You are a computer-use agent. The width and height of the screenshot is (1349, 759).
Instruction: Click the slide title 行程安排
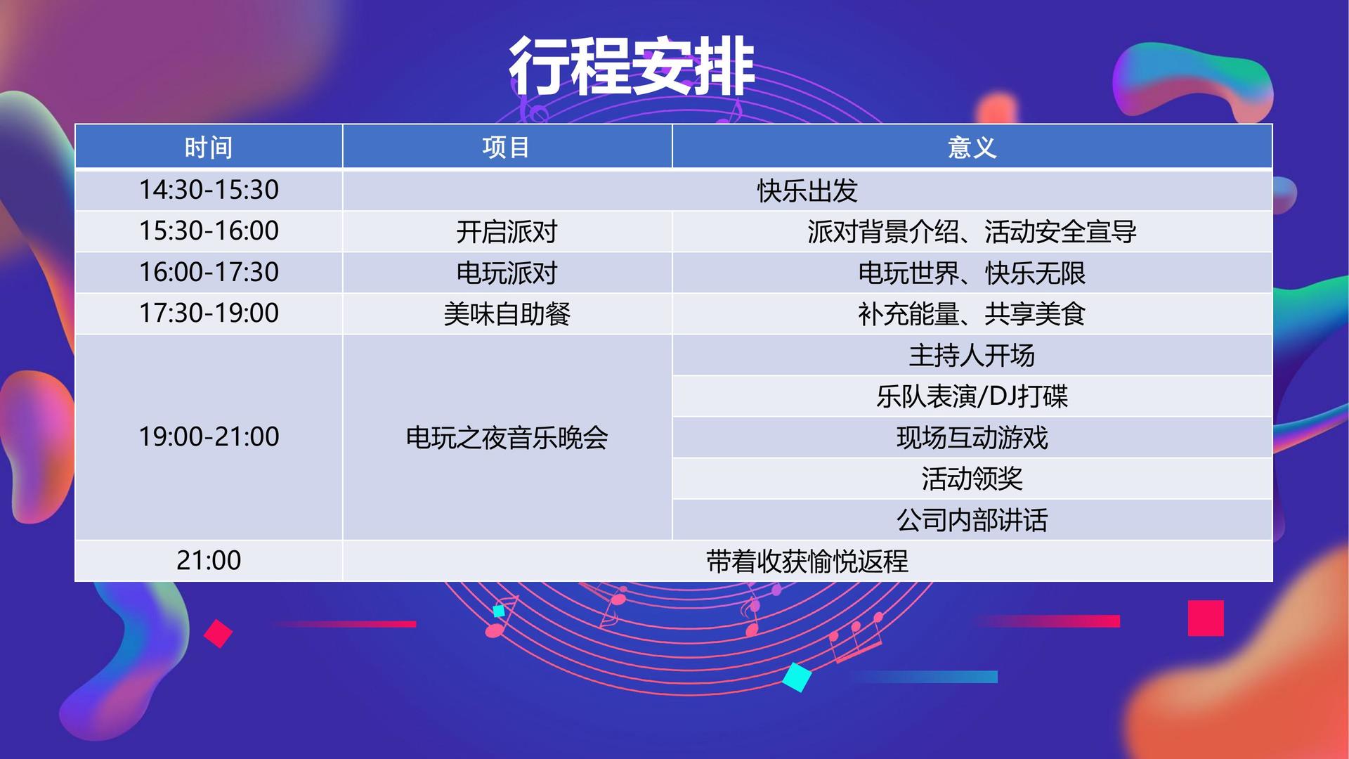click(631, 66)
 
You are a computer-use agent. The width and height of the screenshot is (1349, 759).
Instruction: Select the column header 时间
click(209, 148)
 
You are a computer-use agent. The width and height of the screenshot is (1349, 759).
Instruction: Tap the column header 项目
click(507, 148)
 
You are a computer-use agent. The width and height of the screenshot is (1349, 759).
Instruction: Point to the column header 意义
click(972, 148)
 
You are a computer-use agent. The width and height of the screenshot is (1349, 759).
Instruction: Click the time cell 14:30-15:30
click(209, 190)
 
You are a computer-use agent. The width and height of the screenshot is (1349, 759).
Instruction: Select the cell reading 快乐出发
click(807, 190)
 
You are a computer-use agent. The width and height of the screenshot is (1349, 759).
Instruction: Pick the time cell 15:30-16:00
click(209, 231)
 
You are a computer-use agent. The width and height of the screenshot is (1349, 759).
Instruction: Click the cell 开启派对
click(507, 231)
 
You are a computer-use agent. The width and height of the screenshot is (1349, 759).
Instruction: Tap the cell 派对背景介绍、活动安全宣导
click(972, 231)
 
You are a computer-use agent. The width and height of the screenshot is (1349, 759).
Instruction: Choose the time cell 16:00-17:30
click(209, 272)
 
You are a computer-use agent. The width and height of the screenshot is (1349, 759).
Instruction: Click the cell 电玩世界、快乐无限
click(972, 273)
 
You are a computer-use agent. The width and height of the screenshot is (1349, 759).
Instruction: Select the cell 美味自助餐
click(507, 313)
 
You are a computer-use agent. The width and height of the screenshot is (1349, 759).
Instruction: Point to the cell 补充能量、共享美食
click(972, 313)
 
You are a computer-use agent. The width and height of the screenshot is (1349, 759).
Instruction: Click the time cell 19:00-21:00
click(209, 436)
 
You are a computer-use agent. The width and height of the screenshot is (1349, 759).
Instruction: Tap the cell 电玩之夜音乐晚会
click(507, 437)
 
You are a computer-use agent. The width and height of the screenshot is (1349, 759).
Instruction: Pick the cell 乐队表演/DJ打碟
click(972, 396)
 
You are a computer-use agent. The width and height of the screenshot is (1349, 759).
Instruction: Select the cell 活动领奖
click(972, 479)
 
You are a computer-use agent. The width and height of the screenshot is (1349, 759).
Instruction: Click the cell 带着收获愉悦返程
click(807, 561)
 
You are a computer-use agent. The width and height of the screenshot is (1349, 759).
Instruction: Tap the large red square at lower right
click(1206, 618)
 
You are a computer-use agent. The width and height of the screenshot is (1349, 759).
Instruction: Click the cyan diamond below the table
click(797, 677)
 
